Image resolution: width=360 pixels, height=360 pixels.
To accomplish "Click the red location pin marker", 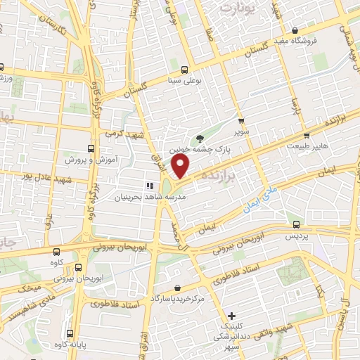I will tap(181, 166).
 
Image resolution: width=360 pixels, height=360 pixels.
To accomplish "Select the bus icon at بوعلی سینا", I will tap(184, 70).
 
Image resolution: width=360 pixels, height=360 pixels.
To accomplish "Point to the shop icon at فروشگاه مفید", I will tap(295, 30).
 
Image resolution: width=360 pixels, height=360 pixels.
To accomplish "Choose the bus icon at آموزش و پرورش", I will tap(90, 149).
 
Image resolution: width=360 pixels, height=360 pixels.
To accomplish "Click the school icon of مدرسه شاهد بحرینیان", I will tap(149, 186).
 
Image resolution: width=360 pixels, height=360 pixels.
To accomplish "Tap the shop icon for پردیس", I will tap(297, 225).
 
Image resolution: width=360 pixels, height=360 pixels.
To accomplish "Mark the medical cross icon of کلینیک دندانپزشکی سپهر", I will tap(231, 317).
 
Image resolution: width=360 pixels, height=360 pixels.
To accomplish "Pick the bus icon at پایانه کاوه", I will tap(69, 333).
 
